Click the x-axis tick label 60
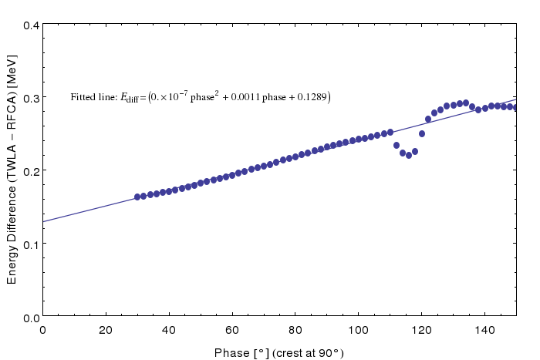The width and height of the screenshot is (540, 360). point(232,331)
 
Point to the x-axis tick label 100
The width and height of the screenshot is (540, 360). point(358,331)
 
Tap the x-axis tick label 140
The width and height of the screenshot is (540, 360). point(484,331)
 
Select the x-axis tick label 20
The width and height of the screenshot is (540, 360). point(106,331)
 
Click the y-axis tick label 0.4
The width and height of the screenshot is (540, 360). point(32,25)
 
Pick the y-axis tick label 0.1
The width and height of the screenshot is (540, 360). point(32,244)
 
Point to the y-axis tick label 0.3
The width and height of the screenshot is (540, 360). point(32,99)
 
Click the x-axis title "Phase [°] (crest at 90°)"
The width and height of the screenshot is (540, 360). point(279,353)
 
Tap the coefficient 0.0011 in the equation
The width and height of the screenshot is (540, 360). point(245,97)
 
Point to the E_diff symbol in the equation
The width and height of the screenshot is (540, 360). point(129,98)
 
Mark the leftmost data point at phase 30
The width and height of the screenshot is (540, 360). point(137,197)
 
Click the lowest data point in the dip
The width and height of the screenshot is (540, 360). point(409,155)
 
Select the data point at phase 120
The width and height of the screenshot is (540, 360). point(421,133)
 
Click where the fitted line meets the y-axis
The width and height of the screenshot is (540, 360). point(42,222)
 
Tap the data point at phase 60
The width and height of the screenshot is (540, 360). point(232,175)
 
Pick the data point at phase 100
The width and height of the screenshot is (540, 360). point(359,139)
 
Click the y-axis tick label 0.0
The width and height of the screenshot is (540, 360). point(32,318)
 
